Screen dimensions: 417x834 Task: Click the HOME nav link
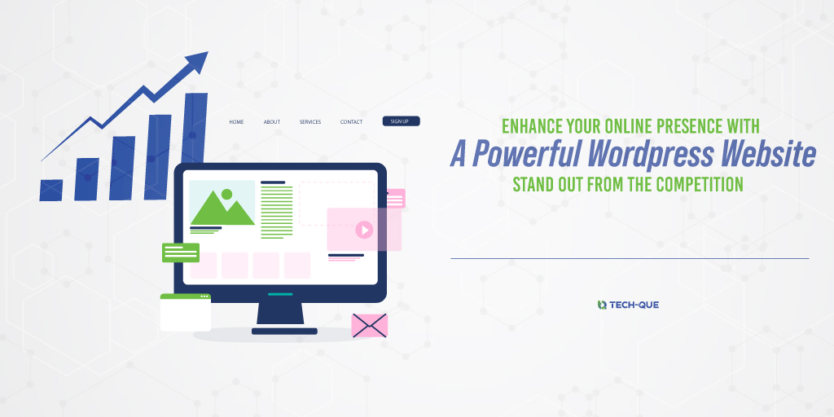pos(236,122)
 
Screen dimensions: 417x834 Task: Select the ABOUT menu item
pos(271,122)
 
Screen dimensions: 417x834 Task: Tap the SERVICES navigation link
pos(310,122)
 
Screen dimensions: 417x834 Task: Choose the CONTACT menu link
pos(351,122)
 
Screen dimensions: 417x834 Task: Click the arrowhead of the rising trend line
pos(197,62)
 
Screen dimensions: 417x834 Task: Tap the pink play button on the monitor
pos(364,230)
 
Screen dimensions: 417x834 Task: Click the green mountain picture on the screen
pos(222,204)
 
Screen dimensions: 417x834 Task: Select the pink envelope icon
pos(369,325)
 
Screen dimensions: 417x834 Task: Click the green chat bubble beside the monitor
pos(180,252)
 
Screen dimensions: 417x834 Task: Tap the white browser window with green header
pos(185,313)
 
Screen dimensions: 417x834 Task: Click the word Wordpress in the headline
pos(641,154)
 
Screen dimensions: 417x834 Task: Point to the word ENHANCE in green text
pos(531,127)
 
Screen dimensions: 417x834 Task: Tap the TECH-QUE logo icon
pos(602,305)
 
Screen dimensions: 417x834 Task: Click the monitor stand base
pos(284,331)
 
